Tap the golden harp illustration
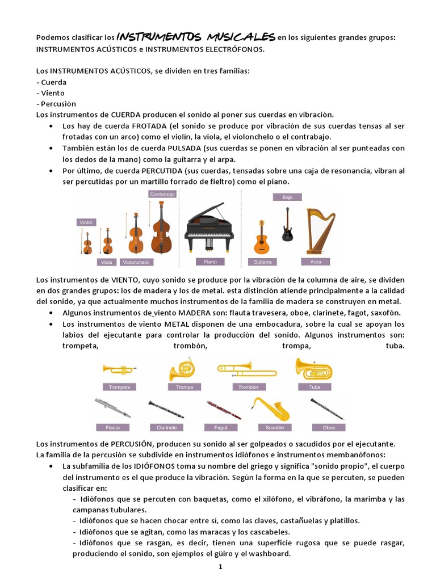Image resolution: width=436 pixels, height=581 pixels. pos(320,231)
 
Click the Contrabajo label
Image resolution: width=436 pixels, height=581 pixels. pos(163,193)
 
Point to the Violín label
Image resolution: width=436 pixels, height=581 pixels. pos(86,222)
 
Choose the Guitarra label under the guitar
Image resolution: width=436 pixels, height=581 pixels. pos(262,262)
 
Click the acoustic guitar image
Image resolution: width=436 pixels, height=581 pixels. pos(262,237)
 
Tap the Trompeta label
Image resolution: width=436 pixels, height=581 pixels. pos(119,387)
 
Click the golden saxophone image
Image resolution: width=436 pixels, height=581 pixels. pos(270,408)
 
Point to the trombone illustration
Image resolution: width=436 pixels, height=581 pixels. pos(241,369)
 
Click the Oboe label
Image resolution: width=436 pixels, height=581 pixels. pos(328,427)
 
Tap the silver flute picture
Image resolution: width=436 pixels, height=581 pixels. pos(112,408)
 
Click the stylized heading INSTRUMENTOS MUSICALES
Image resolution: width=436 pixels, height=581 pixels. pos(195,37)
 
